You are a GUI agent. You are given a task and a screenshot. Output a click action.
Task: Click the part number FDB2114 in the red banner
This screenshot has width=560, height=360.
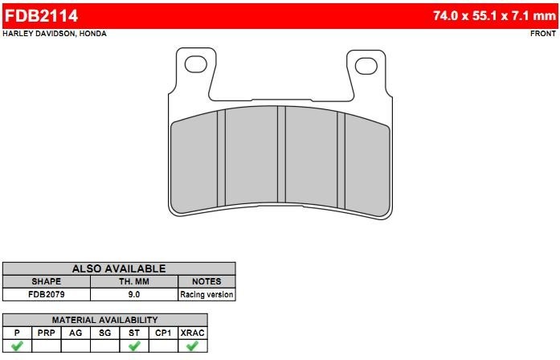tap(41, 16)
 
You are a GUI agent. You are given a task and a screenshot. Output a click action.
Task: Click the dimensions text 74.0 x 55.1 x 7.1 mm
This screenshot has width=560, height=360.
tap(494, 16)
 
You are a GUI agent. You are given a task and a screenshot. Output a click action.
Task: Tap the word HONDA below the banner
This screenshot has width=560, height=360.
tap(93, 34)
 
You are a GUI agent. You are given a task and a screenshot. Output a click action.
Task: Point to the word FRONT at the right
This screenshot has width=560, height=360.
tap(543, 34)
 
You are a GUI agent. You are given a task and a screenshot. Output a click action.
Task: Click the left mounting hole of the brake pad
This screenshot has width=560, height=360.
tap(196, 64)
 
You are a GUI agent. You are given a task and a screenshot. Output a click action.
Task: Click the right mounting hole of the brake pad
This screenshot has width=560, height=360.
tap(366, 66)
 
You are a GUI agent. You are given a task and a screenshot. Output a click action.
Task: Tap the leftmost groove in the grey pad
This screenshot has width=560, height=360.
tap(222, 157)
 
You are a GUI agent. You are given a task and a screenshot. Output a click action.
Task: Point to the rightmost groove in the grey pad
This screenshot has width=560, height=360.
tap(341, 161)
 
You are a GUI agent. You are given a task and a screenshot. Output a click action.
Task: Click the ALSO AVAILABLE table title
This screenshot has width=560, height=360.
tap(119, 268)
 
